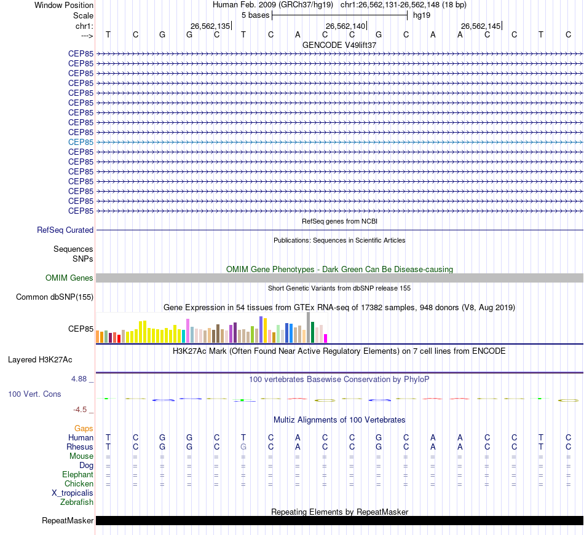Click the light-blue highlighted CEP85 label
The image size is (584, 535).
(x=81, y=142)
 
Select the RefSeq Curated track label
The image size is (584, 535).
(x=65, y=230)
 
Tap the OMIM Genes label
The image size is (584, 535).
(x=69, y=278)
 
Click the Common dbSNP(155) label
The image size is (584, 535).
(x=55, y=297)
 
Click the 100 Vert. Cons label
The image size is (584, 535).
(x=34, y=394)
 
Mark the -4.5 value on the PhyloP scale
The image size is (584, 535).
(x=82, y=409)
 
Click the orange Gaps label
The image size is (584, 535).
(x=84, y=428)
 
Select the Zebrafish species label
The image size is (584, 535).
(x=77, y=502)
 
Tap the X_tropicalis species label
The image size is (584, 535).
(x=73, y=493)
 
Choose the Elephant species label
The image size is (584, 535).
(x=77, y=474)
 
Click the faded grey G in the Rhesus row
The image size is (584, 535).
(x=243, y=447)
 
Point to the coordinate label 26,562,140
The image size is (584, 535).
(x=345, y=26)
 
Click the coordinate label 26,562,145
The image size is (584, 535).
(x=481, y=26)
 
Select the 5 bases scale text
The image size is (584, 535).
(x=255, y=15)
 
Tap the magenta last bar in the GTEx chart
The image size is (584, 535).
(x=326, y=338)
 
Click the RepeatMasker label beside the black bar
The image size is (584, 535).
(x=68, y=521)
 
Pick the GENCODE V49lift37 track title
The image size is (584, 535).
(x=339, y=45)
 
